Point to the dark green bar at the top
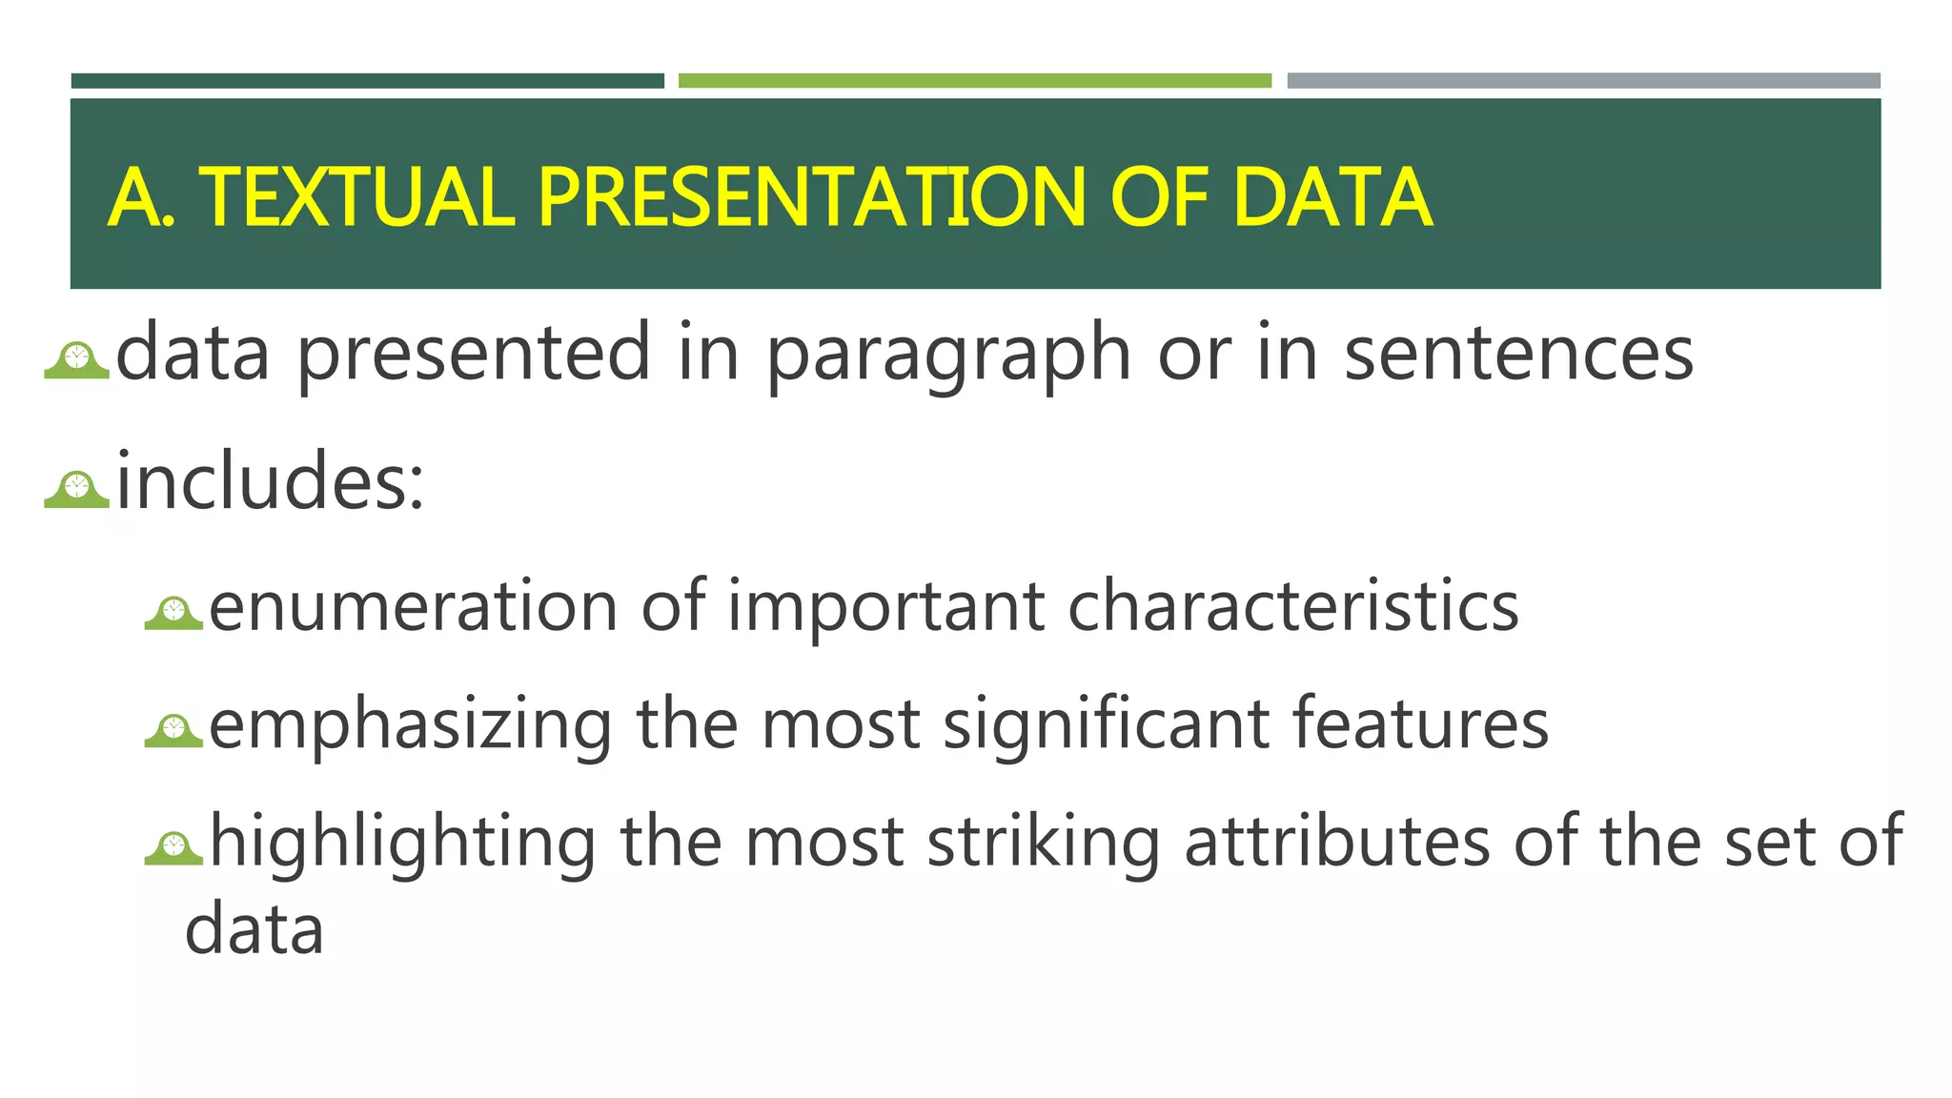tap(367, 81)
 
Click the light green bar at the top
tap(974, 81)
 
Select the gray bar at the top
tap(1583, 81)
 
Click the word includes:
tap(270, 481)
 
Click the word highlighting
tap(403, 843)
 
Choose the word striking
tap(1043, 843)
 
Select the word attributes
tap(1336, 841)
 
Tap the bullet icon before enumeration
tap(173, 613)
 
